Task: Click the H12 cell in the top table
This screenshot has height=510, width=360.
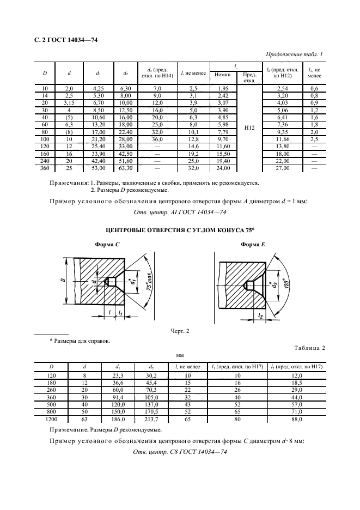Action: coord(249,128)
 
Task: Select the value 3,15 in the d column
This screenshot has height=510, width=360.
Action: coord(69,103)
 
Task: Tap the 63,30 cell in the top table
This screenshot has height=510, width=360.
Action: coord(125,168)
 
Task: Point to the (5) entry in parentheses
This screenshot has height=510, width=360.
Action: coord(69,117)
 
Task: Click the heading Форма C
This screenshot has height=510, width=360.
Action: coord(107,244)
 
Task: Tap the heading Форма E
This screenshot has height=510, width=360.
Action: coord(253,244)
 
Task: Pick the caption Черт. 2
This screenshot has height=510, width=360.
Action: coord(180,331)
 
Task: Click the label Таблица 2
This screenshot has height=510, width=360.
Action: coord(309,348)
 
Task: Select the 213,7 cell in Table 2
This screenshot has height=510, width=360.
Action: coord(151,420)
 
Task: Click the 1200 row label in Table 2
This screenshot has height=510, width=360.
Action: coord(51,420)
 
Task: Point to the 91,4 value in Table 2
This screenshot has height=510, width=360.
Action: coord(118,397)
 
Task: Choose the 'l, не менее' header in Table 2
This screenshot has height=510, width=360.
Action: coord(188,367)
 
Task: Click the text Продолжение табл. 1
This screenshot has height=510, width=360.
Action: coord(294,54)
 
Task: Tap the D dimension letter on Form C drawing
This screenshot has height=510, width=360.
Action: coord(63,280)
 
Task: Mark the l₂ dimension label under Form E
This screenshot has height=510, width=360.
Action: coord(260,315)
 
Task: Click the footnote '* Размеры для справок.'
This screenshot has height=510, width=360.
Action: coord(80,341)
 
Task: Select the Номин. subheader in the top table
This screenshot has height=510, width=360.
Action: coord(223,75)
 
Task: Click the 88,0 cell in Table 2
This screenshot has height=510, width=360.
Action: coord(297,420)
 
